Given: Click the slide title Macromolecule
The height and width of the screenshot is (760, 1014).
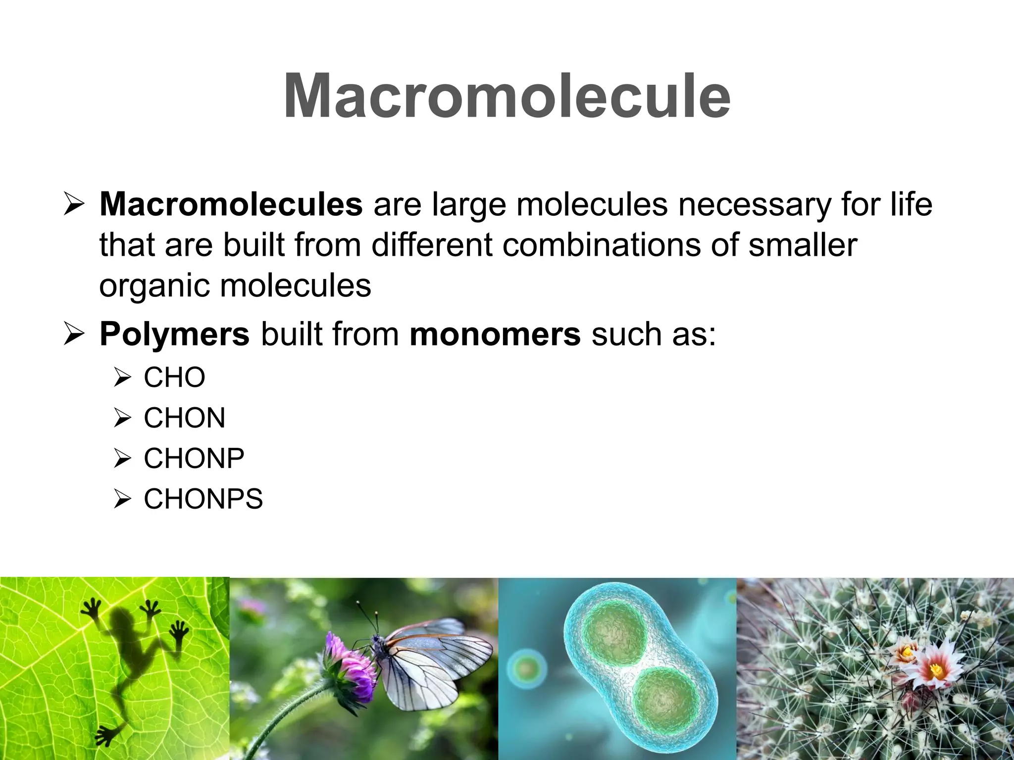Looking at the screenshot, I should [x=507, y=96].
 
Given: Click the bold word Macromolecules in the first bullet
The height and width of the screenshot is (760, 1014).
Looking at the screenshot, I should [x=231, y=204].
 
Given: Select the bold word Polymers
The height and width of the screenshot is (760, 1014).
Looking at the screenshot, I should [x=174, y=334].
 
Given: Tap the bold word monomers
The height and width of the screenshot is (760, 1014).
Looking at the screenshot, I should [x=495, y=335].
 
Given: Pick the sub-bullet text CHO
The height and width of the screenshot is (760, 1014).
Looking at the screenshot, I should [x=174, y=378].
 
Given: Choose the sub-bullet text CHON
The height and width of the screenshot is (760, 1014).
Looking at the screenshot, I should [x=184, y=418].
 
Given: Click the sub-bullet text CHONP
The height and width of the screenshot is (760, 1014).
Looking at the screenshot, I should [x=194, y=459].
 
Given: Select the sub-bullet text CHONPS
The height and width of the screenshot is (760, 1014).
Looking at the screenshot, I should [x=203, y=499].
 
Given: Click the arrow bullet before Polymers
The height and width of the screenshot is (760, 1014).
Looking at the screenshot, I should [x=74, y=334].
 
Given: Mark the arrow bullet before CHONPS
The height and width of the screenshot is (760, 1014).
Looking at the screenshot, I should [x=122, y=499].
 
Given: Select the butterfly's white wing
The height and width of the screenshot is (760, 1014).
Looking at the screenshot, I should [x=436, y=663].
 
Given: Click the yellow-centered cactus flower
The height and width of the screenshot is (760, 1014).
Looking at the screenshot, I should [x=936, y=670].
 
